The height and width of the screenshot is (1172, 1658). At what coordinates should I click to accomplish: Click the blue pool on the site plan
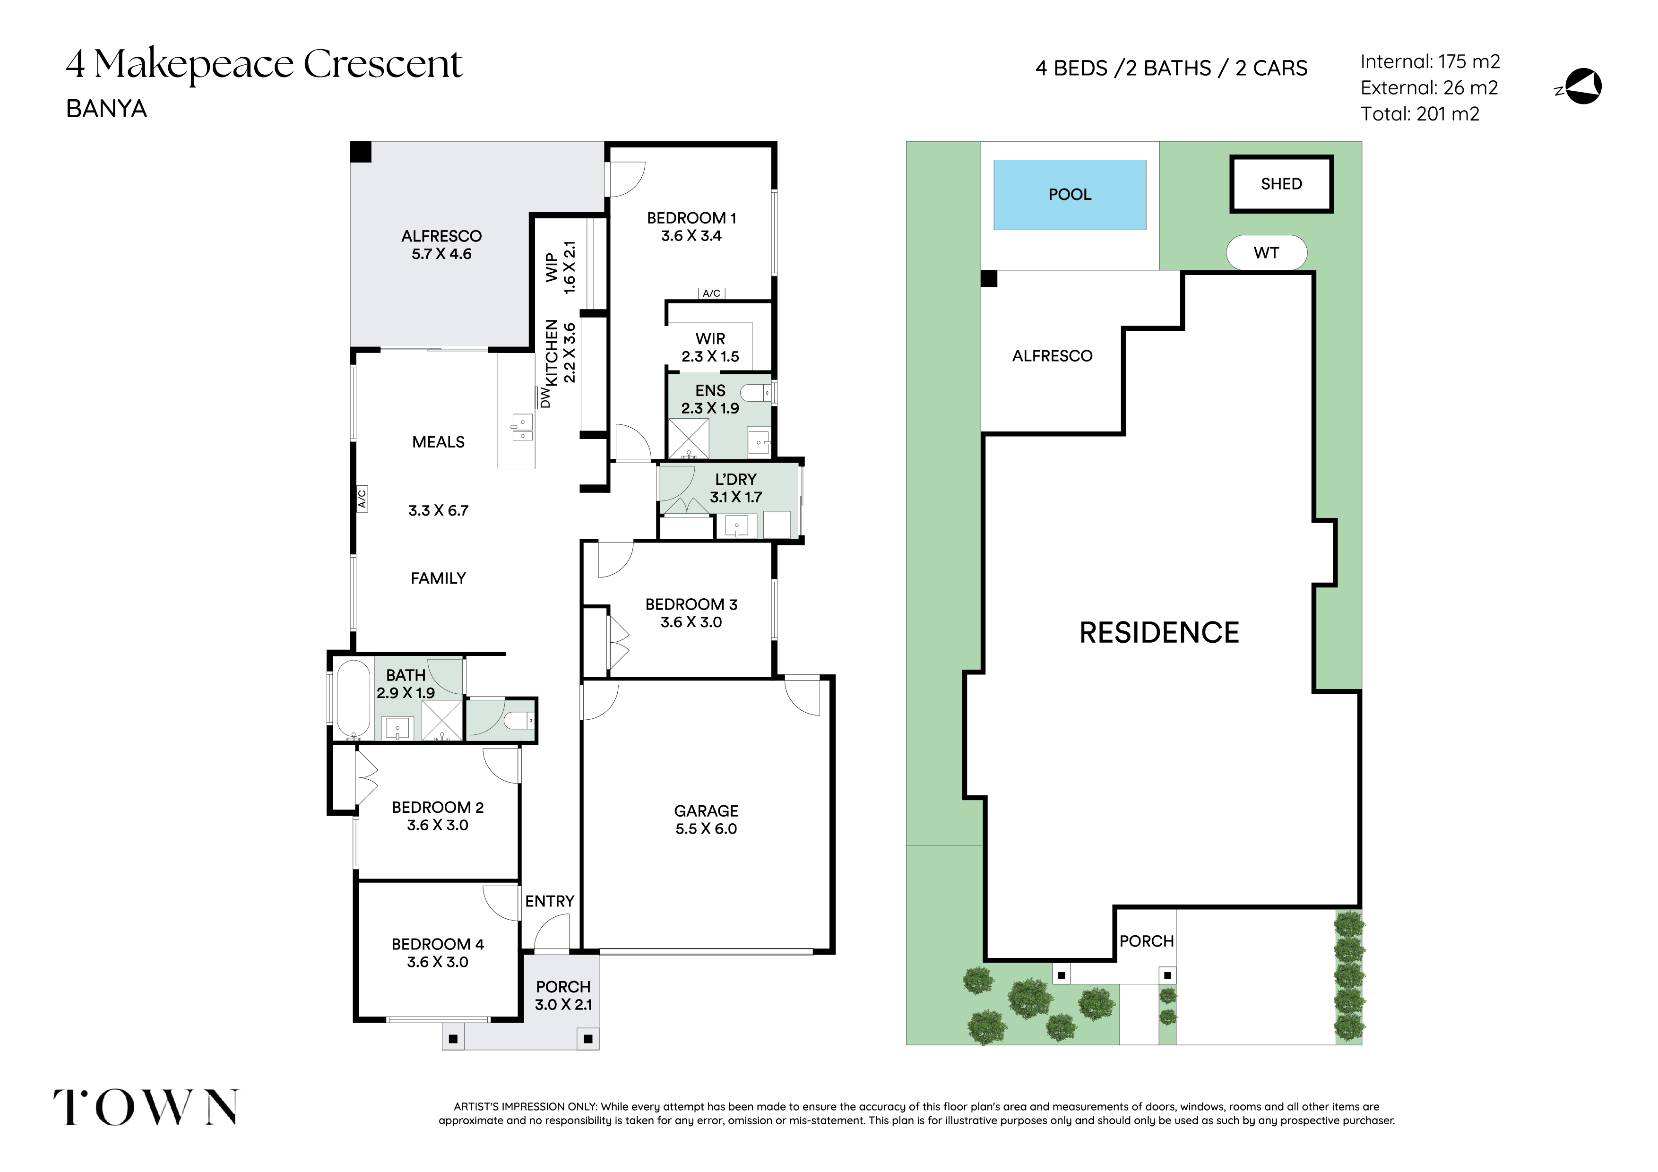(1070, 195)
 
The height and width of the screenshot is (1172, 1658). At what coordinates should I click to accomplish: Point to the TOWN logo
(146, 1107)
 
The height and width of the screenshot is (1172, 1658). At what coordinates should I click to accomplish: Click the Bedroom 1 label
(691, 218)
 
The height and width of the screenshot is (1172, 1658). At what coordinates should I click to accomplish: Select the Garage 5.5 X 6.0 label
(706, 819)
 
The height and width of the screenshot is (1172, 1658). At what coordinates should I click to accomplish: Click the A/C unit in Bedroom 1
(711, 293)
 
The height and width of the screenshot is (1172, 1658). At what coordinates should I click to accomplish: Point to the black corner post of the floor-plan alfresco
(360, 152)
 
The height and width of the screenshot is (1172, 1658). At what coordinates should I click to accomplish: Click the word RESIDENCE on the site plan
(1159, 633)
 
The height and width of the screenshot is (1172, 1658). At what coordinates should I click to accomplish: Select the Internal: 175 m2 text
(1430, 62)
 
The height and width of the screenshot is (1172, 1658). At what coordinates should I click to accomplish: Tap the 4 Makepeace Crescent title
(264, 64)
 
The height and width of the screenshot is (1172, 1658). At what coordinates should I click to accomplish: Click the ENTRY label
(550, 901)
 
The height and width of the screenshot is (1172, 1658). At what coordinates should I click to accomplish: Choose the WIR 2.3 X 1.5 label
(710, 347)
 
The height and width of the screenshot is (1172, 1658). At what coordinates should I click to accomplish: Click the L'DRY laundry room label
(736, 480)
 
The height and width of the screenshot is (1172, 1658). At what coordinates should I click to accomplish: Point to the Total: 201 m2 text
(1420, 114)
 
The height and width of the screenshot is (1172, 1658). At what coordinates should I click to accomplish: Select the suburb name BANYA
(106, 109)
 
